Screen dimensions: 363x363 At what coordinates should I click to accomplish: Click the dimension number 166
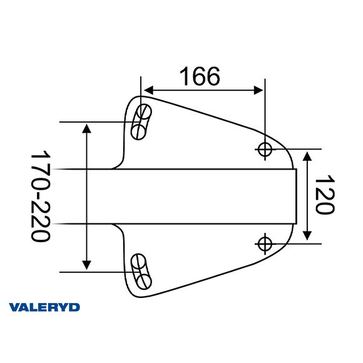(x=200, y=76)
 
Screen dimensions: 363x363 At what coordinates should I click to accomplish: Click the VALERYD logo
(x=44, y=307)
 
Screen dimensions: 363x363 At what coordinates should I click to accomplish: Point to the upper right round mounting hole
(x=265, y=149)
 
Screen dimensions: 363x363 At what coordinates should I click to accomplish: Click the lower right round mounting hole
(x=265, y=242)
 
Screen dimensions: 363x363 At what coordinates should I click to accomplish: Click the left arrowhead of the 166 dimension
(x=148, y=91)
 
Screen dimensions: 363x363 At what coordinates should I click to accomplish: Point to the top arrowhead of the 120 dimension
(x=307, y=155)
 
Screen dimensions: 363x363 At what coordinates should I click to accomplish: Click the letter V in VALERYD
(x=14, y=307)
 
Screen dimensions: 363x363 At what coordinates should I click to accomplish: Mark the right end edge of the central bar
(x=295, y=196)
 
